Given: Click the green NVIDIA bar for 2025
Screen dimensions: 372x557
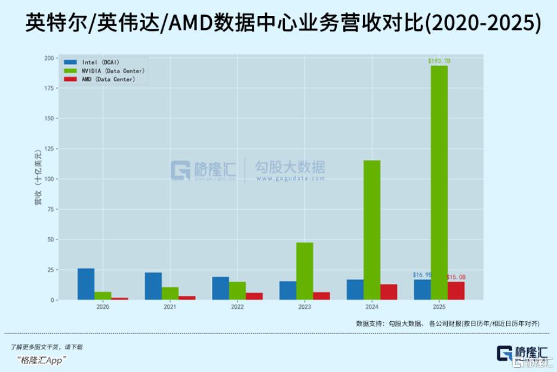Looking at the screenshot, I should tap(439, 182).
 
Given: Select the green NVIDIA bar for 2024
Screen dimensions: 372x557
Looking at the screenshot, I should tap(371, 230).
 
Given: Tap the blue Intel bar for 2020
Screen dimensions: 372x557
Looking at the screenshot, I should tap(86, 284).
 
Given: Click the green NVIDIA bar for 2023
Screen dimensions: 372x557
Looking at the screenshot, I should tap(304, 271).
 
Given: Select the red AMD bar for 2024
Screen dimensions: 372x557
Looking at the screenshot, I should tap(389, 292).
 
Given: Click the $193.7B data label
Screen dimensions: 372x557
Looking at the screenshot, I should tap(439, 61).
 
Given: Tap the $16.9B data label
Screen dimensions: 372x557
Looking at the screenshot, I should tap(422, 275).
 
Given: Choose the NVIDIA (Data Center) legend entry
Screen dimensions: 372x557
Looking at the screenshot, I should tap(105, 71).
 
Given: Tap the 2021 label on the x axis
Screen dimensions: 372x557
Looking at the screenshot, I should tap(170, 307).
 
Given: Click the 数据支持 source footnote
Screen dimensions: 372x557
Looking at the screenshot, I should tap(447, 323).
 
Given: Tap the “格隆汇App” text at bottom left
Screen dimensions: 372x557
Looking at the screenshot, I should tap(42, 359).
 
